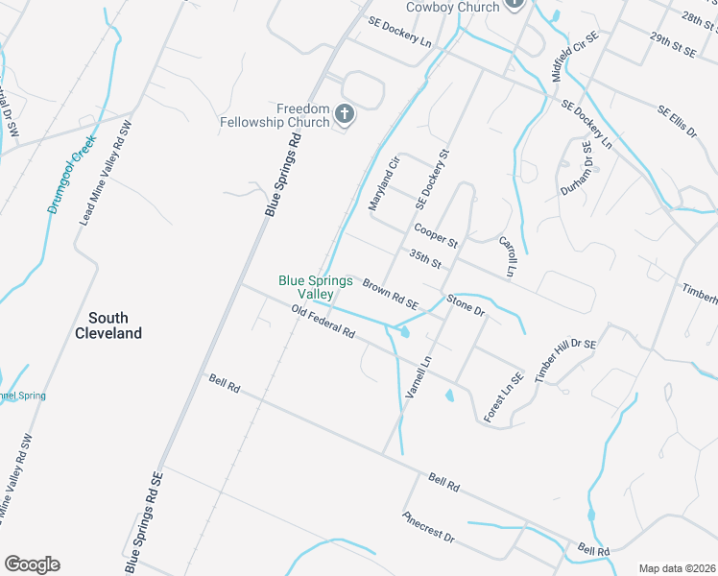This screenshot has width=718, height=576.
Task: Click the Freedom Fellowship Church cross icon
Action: [345, 115]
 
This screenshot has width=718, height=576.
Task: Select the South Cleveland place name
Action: [108, 325]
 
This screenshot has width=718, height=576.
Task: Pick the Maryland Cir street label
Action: [383, 185]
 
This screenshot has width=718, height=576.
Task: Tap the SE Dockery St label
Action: [432, 180]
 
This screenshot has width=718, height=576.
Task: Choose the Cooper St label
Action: [436, 235]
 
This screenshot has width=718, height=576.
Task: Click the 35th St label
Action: [424, 258]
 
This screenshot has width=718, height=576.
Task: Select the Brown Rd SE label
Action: [391, 293]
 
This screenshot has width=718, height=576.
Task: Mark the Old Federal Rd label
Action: [323, 321]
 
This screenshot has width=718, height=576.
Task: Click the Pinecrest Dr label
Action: [428, 527]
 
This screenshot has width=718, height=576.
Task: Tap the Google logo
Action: [32, 564]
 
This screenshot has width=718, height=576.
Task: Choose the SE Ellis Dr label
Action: [676, 122]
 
